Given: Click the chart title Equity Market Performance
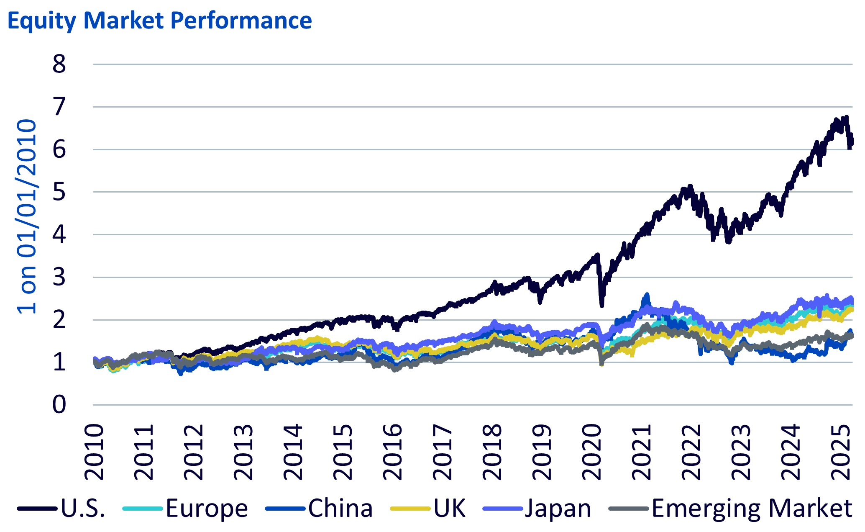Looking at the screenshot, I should click(x=159, y=20).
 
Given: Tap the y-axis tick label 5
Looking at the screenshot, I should click(x=59, y=192).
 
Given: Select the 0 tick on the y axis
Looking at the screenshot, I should click(x=59, y=405).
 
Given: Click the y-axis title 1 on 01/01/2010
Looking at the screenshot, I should click(x=26, y=216).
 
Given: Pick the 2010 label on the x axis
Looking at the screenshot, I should click(x=94, y=452).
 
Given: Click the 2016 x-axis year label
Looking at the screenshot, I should click(x=393, y=452).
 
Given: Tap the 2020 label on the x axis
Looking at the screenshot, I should click(x=592, y=452).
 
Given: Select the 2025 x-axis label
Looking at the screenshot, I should click(x=841, y=452).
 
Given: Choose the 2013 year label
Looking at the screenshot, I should click(x=243, y=452).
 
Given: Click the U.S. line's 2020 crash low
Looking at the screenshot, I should click(x=601, y=306).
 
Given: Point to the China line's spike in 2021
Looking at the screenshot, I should click(x=647, y=295).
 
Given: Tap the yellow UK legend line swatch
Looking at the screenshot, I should click(x=410, y=509).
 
